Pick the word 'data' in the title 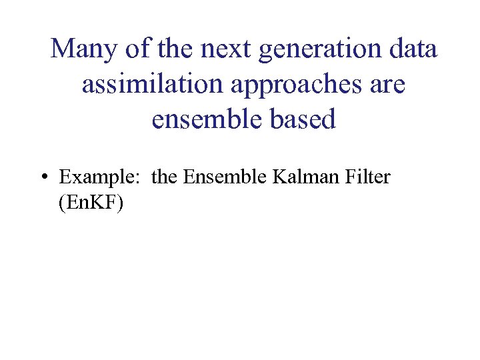tap(409, 49)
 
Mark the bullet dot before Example tap(43, 178)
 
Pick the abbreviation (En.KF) tap(91, 203)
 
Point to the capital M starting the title tap(63, 49)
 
